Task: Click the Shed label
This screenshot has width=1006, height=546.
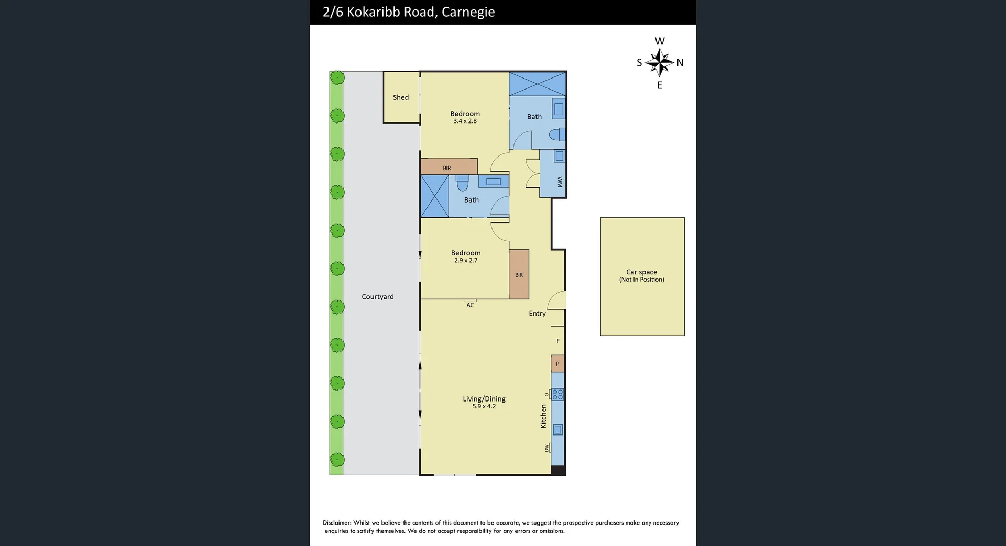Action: click(401, 97)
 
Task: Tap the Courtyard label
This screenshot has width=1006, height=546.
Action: click(377, 297)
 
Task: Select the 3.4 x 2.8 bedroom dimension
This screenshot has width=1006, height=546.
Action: click(465, 121)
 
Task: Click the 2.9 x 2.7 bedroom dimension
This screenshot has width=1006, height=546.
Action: click(465, 261)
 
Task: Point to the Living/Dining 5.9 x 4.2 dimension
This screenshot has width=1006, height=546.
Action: click(484, 406)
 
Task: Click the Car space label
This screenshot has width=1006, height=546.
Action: click(641, 272)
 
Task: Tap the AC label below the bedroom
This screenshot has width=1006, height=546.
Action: click(470, 305)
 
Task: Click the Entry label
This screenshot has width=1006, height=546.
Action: click(537, 314)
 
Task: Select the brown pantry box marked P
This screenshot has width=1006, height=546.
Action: click(557, 364)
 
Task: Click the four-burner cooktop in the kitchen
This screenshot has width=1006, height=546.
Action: click(557, 394)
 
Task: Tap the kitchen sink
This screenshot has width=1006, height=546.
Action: click(558, 430)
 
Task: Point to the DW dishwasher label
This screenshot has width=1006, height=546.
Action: click(546, 448)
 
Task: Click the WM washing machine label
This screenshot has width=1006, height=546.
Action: click(559, 182)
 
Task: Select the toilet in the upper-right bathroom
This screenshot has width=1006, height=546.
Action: click(556, 135)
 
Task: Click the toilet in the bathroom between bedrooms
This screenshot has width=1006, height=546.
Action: click(462, 184)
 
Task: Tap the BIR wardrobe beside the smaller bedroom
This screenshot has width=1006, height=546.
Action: click(519, 275)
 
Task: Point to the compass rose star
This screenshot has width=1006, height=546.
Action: click(659, 63)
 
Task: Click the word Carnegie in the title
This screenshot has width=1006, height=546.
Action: click(468, 12)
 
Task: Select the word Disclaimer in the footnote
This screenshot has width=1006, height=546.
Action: click(336, 523)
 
